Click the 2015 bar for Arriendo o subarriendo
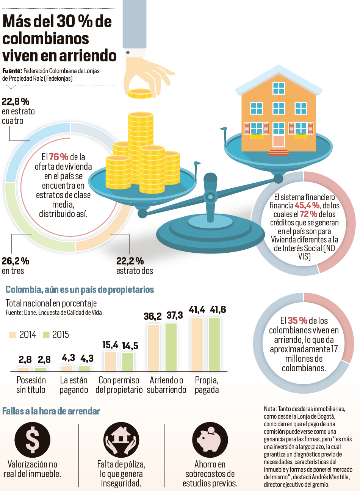(x=171, y=347)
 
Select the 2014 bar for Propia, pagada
(x=197, y=344)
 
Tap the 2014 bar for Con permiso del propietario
(x=110, y=361)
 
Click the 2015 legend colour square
(x=46, y=335)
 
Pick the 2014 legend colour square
(x=13, y=335)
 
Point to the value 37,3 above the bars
(x=175, y=315)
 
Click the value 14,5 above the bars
(x=130, y=346)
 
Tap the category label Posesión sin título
(x=31, y=385)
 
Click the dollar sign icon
(x=32, y=440)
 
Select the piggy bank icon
(x=210, y=440)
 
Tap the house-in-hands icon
(x=121, y=440)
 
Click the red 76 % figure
(x=58, y=157)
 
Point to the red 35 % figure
(x=297, y=321)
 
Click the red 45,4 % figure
(x=307, y=205)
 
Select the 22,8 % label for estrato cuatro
(x=16, y=102)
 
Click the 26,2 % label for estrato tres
(x=16, y=261)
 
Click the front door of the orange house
(x=279, y=141)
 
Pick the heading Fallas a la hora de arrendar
(x=51, y=411)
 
